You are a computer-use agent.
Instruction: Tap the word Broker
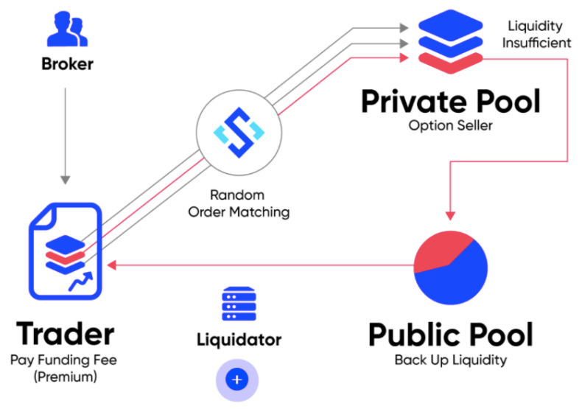pyautogui.click(x=67, y=64)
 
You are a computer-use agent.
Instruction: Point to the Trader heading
pyautogui.click(x=66, y=334)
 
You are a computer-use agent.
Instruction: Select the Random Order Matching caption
pyautogui.click(x=238, y=203)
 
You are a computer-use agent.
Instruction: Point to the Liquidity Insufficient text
pyautogui.click(x=536, y=34)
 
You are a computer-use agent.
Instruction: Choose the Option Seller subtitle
pyautogui.click(x=450, y=125)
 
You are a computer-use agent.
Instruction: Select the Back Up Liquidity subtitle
pyautogui.click(x=450, y=360)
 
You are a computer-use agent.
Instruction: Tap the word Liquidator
pyautogui.click(x=239, y=340)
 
